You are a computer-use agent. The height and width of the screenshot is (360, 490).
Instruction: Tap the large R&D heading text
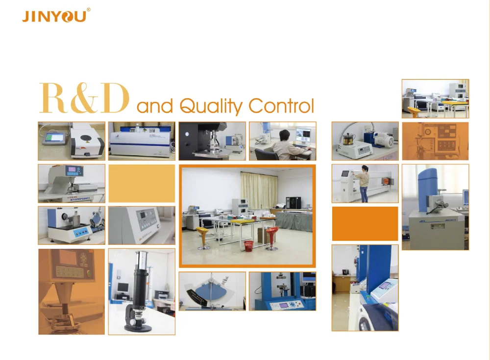pyautogui.click(x=84, y=98)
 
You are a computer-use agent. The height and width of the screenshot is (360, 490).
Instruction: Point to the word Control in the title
pyautogui.click(x=281, y=106)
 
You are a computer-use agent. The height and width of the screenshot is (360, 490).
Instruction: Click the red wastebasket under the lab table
pyautogui.click(x=248, y=246)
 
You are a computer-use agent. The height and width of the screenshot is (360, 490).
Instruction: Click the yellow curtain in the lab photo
pyautogui.click(x=259, y=190)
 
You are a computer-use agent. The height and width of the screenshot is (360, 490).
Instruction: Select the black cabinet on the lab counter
pyautogui.click(x=294, y=202)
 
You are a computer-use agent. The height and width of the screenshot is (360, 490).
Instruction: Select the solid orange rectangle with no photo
pyautogui.click(x=365, y=223)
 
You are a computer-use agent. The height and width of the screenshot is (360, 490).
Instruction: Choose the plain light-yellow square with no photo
pyautogui.click(x=142, y=184)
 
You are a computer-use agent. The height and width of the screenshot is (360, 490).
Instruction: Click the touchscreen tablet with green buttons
pyautogui.click(x=55, y=138)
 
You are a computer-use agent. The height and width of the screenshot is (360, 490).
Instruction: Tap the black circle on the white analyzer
pyautogui.click(x=85, y=138)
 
